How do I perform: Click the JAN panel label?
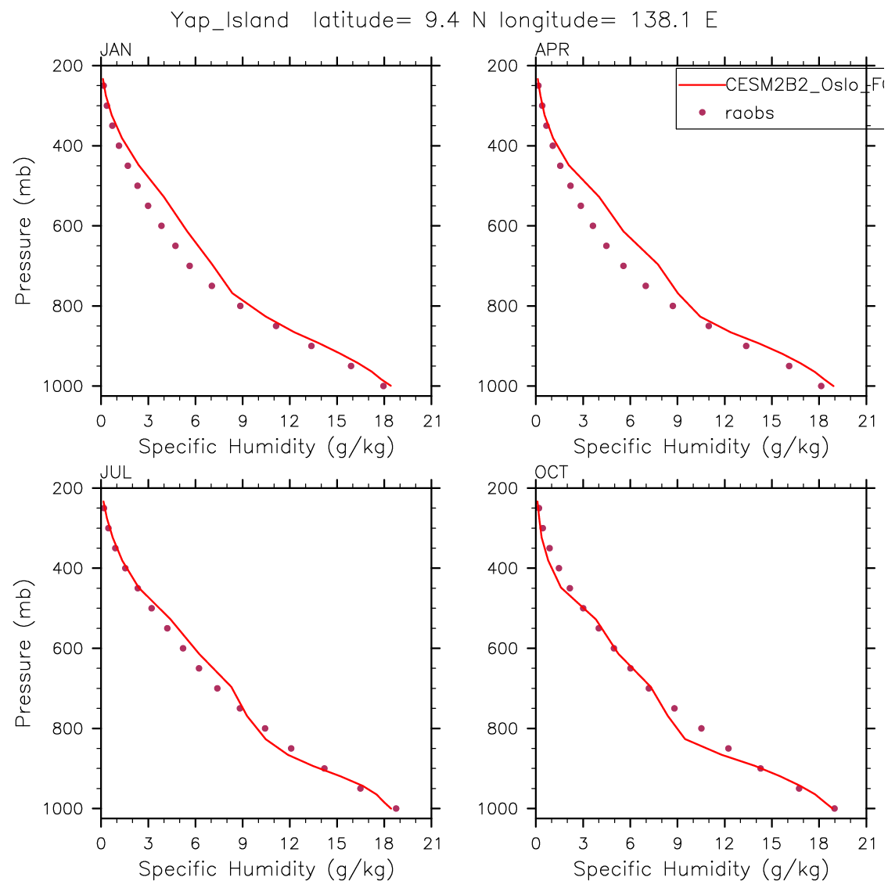[116, 50]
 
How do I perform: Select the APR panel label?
[552, 50]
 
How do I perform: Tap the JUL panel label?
[116, 473]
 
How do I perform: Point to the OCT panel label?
[552, 473]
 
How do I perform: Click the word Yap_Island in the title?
[230, 20]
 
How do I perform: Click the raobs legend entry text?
[749, 113]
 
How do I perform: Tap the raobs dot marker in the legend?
[702, 113]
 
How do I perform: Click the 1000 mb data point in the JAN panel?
[383, 386]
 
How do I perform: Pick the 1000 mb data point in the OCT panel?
[834, 808]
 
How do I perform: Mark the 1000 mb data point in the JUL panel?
[396, 808]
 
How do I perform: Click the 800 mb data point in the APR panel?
[673, 306]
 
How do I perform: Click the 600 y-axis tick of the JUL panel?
[70, 649]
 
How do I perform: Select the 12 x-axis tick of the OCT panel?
[724, 844]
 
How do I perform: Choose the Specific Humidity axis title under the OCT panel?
[701, 869]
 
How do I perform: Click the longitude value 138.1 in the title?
[655, 20]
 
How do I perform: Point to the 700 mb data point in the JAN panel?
[189, 266]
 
